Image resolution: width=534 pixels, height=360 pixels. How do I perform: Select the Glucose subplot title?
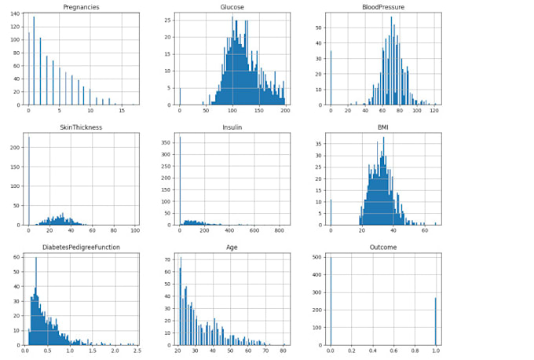232,7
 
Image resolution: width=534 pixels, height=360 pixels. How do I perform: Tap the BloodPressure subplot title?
383,7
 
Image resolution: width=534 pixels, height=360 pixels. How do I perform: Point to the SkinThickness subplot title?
80,127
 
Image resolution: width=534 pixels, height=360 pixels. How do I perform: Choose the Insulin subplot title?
232,127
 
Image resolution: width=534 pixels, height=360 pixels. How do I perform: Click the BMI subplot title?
383,127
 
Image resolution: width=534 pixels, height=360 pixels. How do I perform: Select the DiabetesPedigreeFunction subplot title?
80,248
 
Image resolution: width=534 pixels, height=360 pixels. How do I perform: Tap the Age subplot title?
232,248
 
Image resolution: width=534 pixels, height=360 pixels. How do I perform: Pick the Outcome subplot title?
383,248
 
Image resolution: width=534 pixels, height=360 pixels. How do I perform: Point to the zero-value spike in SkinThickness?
29,181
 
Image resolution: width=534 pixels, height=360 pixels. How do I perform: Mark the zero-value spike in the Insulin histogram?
180,181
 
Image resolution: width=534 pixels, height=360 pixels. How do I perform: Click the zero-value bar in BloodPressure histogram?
331,78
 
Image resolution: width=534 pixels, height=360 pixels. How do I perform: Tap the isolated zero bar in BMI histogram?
331,212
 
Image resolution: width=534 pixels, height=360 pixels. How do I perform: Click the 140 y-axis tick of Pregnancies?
15,14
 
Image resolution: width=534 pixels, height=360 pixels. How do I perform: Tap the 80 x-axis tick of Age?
282,351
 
